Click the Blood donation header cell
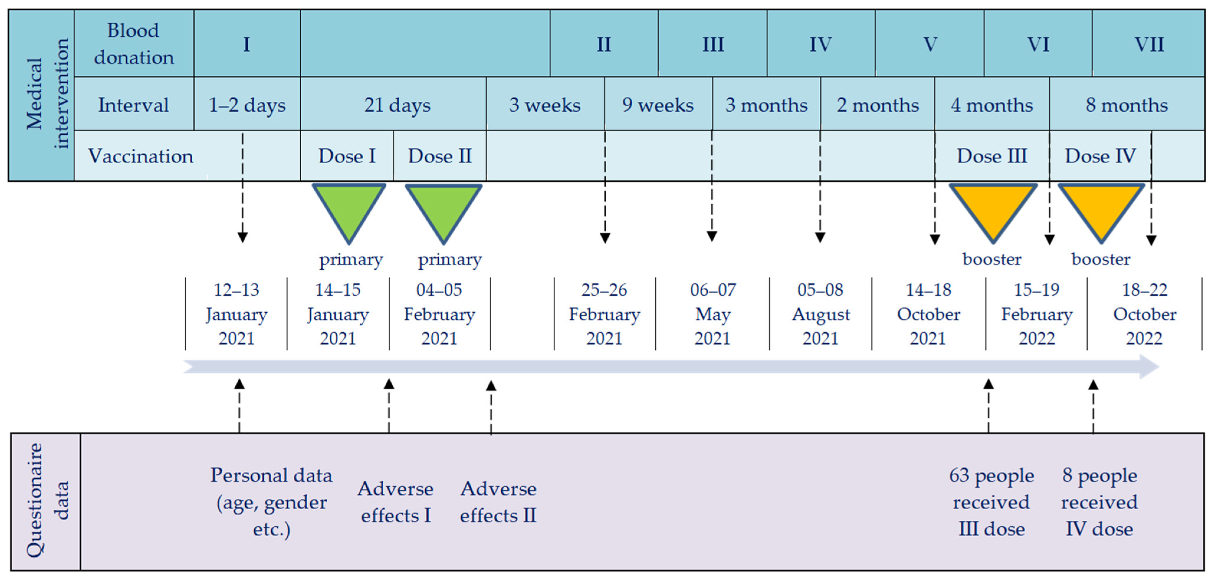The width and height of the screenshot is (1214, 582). pos(134,44)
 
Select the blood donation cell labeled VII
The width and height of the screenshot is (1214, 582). pos(1149,44)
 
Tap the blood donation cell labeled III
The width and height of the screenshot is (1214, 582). pos(712,44)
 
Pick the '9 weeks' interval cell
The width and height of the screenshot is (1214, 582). pos(658,105)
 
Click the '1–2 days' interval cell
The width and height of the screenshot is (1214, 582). pos(247,105)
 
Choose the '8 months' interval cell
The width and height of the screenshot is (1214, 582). pos(1127,105)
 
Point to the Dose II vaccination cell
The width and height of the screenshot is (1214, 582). pos(440,156)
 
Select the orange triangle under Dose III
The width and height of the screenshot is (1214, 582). pos(993,210)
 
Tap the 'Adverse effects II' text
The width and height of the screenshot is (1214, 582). pos(498,502)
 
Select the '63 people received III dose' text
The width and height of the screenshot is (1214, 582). pos(992,502)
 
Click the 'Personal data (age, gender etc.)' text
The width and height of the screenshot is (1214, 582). pos(272,502)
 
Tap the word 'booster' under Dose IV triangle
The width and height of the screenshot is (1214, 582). pos(1100,259)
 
